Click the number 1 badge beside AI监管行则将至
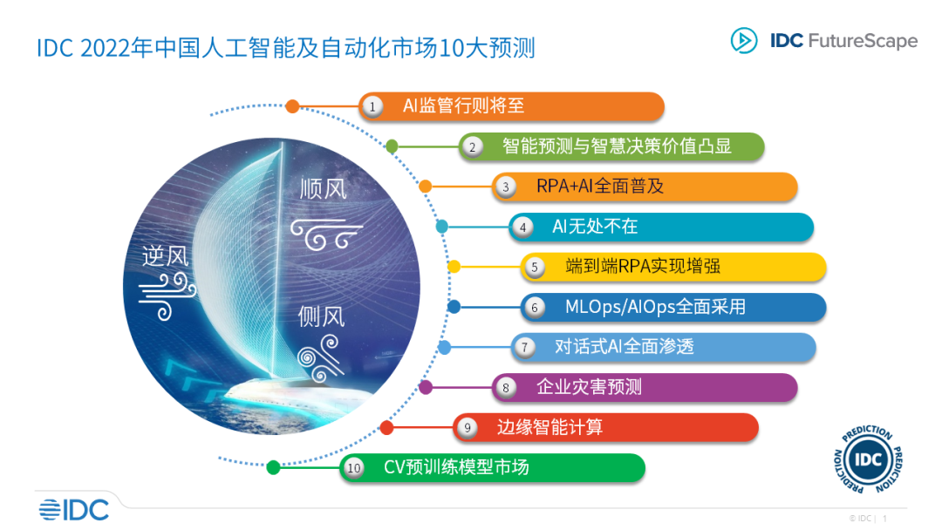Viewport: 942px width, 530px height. point(372,106)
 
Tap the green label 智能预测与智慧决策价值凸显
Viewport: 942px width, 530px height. point(616,146)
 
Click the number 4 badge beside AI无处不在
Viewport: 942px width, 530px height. point(522,227)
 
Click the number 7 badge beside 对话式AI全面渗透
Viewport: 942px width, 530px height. point(524,347)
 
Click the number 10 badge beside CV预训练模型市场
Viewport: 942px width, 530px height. point(353,468)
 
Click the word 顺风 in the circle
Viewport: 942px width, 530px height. point(323,188)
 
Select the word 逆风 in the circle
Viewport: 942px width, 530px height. point(166,255)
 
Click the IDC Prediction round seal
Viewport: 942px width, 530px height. point(869,460)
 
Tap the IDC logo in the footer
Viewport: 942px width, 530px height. point(73,509)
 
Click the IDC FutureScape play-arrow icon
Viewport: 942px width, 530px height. point(744,40)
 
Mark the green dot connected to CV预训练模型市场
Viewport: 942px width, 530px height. point(273,467)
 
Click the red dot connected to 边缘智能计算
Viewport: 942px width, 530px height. point(387,427)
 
